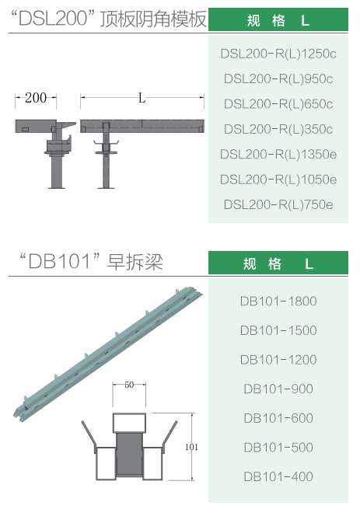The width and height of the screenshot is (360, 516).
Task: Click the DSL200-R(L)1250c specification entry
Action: [x=278, y=54]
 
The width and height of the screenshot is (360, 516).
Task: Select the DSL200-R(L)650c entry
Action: [x=278, y=104]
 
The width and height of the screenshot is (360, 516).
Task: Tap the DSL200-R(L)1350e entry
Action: [x=278, y=155]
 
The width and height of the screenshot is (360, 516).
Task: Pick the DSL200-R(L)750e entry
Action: [x=278, y=204]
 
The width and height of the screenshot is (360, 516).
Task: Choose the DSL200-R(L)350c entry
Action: [x=278, y=129]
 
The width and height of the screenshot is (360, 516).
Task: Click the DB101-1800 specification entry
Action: [x=278, y=301]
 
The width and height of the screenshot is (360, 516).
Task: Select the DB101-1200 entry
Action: [x=278, y=360]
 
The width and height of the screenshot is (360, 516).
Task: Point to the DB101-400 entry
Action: [x=278, y=476]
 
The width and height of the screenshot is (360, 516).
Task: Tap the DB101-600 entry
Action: [x=278, y=418]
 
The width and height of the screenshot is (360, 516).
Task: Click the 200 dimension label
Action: [x=36, y=98]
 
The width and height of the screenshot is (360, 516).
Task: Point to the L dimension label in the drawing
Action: [x=142, y=98]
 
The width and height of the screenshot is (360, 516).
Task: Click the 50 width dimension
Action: [x=129, y=385]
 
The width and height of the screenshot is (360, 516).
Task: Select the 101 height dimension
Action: [x=191, y=447]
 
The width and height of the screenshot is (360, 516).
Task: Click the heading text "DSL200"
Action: [x=54, y=19]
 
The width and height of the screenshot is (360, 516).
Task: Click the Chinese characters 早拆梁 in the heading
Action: [x=135, y=263]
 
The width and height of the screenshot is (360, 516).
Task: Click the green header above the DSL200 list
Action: [x=278, y=19]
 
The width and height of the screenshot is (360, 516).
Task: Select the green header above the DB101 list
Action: [x=278, y=263]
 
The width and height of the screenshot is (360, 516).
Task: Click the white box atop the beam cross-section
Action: [x=129, y=423]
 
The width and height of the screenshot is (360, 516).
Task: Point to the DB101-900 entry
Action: [x=278, y=389]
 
